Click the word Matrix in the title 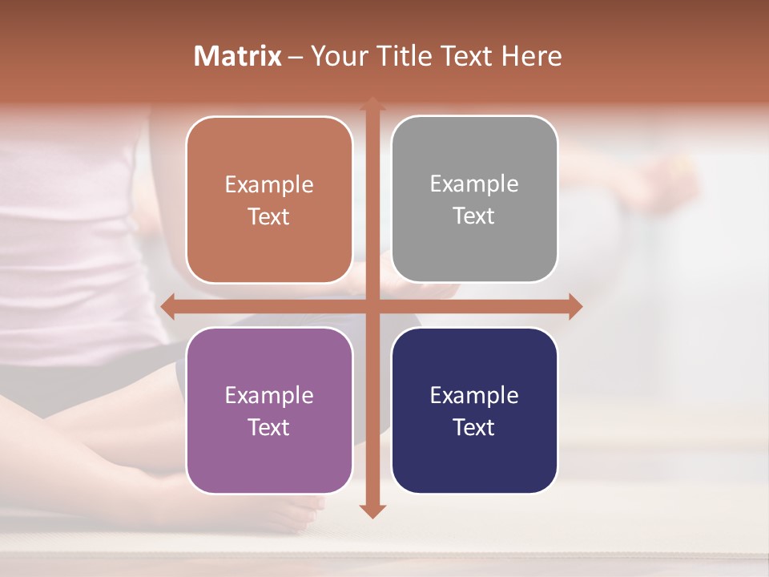pyautogui.click(x=237, y=56)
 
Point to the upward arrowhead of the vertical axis pyautogui.click(x=372, y=104)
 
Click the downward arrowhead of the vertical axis pyautogui.click(x=372, y=510)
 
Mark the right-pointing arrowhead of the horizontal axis pyautogui.click(x=574, y=306)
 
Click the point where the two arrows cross pyautogui.click(x=372, y=306)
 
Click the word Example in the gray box pyautogui.click(x=474, y=184)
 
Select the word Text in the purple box pyautogui.click(x=269, y=427)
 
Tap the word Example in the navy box pyautogui.click(x=474, y=395)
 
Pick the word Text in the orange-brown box pyautogui.click(x=269, y=216)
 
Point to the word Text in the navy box pyautogui.click(x=474, y=427)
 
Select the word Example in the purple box pyautogui.click(x=269, y=395)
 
